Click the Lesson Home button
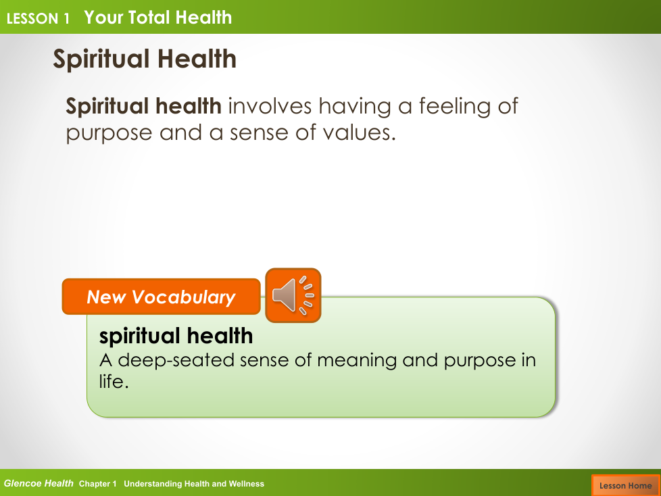point(626,485)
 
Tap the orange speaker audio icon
point(293,295)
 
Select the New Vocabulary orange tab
point(161,297)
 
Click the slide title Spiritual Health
point(145,59)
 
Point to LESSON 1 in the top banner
point(38,18)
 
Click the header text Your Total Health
point(158,18)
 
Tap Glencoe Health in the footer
point(39,483)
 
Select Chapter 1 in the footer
point(97,484)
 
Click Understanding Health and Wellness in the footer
point(194,484)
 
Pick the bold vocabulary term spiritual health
point(176,337)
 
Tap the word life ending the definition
point(114,381)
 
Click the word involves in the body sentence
point(270,106)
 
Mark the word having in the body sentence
point(355,107)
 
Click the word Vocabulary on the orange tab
point(184,297)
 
